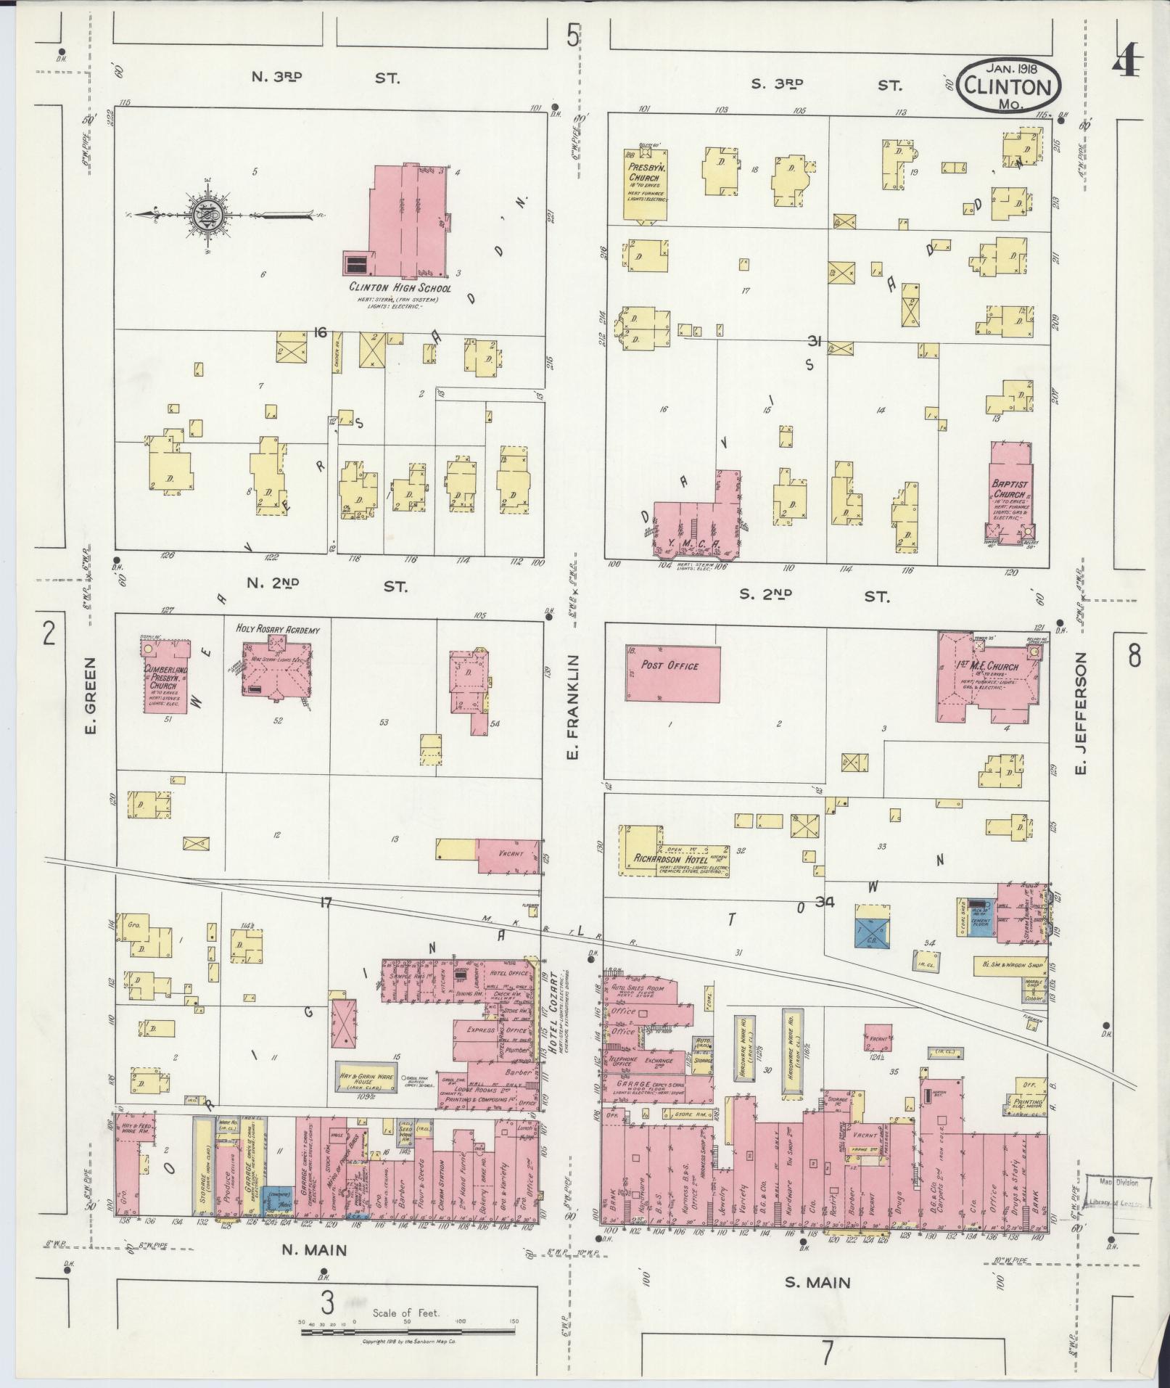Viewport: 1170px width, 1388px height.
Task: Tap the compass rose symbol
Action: [x=204, y=213]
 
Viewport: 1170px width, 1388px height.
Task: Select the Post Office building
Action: [x=673, y=673]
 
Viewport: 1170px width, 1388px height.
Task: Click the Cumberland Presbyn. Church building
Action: [x=167, y=678]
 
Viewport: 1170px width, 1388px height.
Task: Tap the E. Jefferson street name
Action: [x=1080, y=713]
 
